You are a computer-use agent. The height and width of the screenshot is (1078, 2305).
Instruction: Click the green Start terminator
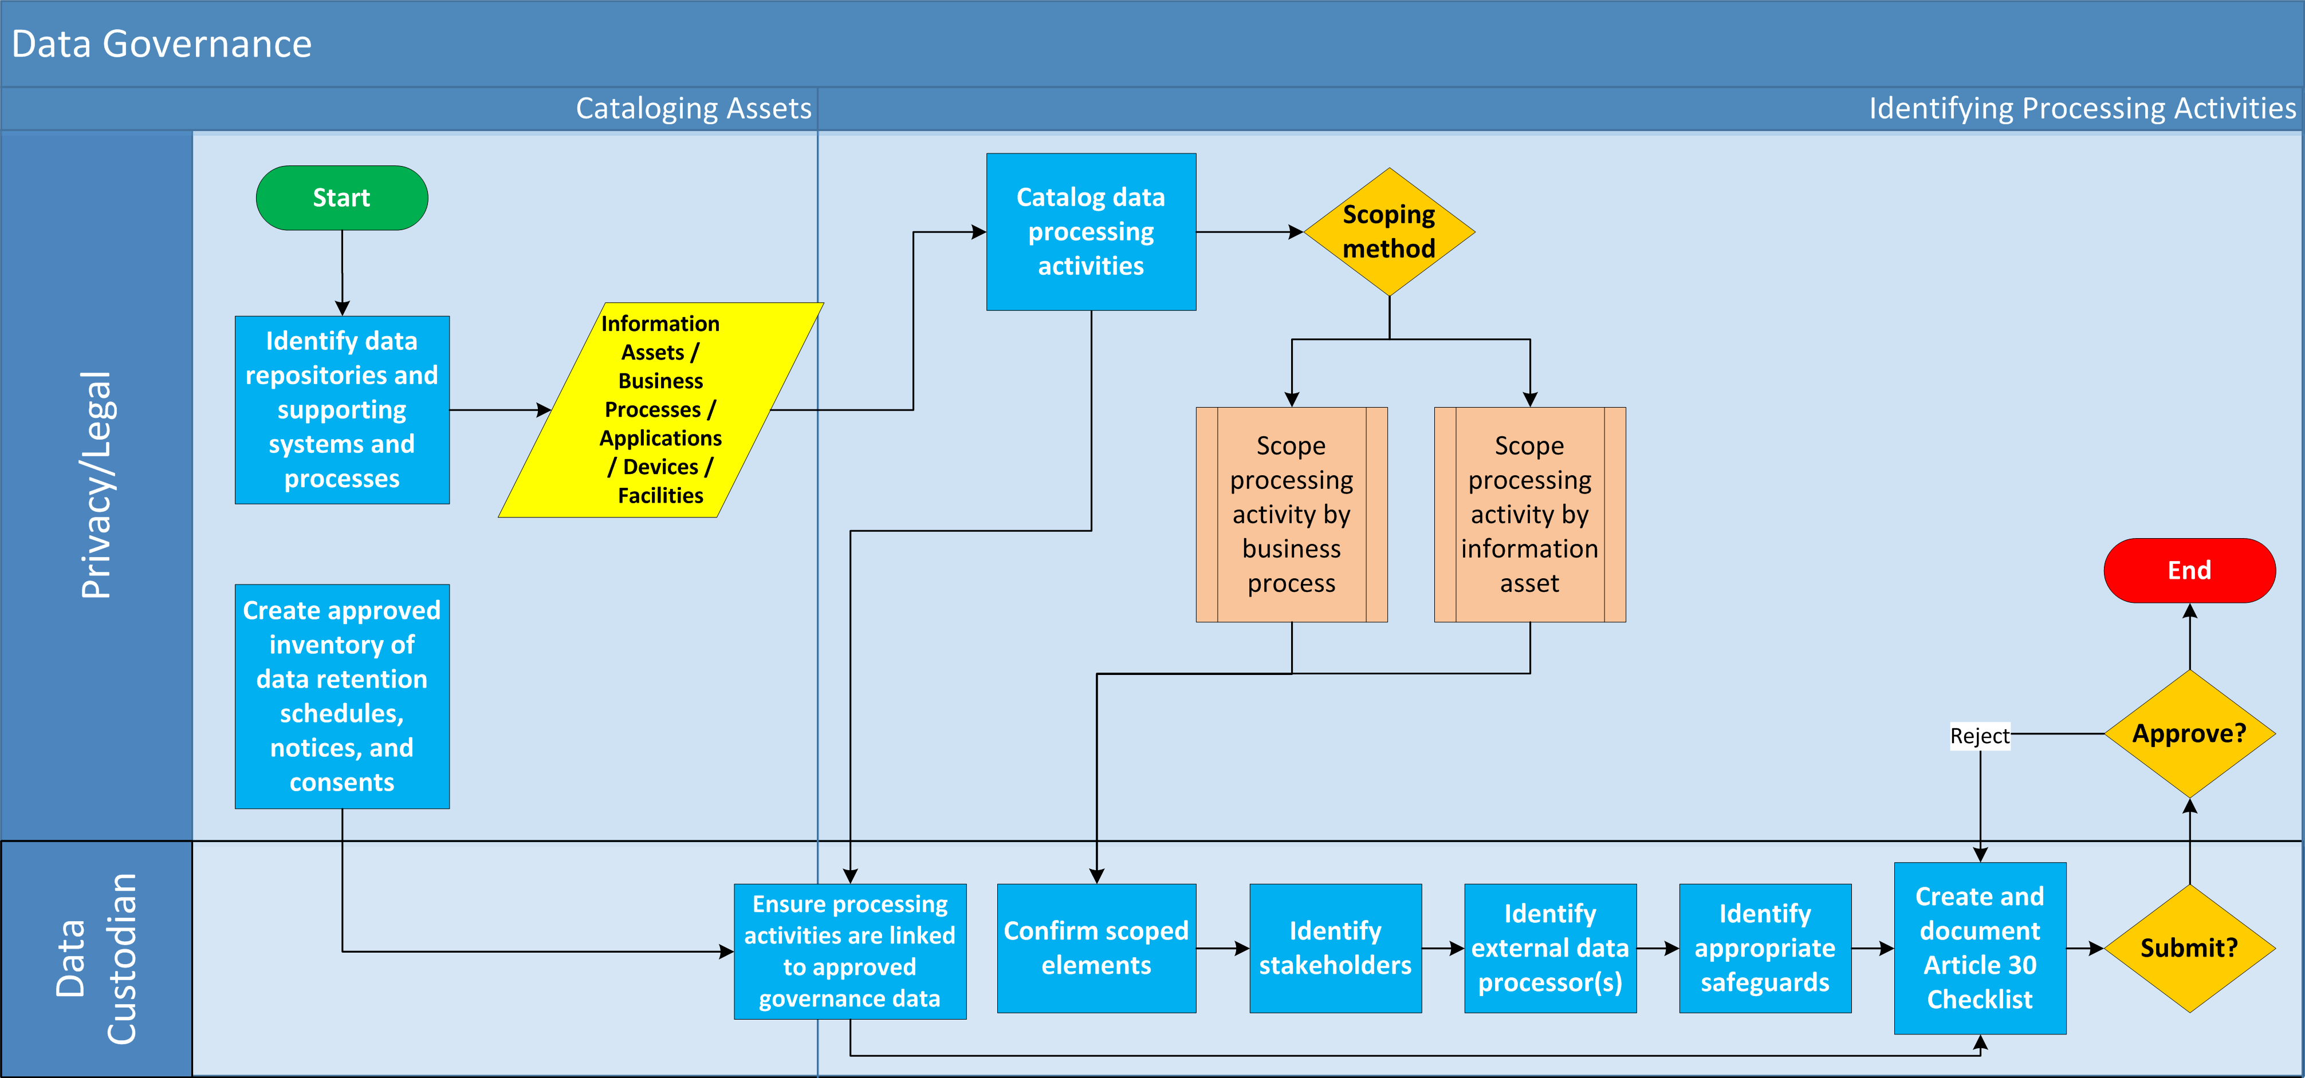[342, 198]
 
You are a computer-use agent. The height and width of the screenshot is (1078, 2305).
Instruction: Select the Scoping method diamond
[1388, 232]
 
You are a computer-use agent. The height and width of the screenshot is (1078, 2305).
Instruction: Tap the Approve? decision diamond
[2189, 733]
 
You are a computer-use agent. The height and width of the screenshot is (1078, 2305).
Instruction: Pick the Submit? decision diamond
[2189, 947]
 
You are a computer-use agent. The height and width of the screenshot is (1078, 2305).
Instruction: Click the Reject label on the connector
[1979, 736]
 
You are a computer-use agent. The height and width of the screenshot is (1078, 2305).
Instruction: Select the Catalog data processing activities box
[1091, 232]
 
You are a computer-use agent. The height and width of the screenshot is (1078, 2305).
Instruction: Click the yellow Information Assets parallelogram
[660, 410]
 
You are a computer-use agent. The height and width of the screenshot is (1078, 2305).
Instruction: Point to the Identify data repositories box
[342, 410]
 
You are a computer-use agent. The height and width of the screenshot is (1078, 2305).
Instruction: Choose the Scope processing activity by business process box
[1291, 515]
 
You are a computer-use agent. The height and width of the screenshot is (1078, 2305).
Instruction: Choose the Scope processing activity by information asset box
[1529, 515]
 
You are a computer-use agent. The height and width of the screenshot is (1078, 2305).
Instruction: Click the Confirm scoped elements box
[1096, 948]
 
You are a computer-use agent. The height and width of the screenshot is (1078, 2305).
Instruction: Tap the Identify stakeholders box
[1335, 948]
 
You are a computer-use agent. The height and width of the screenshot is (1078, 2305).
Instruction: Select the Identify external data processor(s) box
[1550, 948]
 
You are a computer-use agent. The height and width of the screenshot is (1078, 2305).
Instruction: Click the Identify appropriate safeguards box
[1764, 948]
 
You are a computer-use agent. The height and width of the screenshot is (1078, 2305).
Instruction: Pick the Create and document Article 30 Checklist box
[1979, 948]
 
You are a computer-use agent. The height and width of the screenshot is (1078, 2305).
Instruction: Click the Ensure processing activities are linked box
[850, 951]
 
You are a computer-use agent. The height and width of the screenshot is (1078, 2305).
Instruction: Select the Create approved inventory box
[342, 696]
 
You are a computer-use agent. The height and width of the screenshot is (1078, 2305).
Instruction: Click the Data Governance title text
[162, 44]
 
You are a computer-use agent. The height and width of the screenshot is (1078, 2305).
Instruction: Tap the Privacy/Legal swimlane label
[97, 484]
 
